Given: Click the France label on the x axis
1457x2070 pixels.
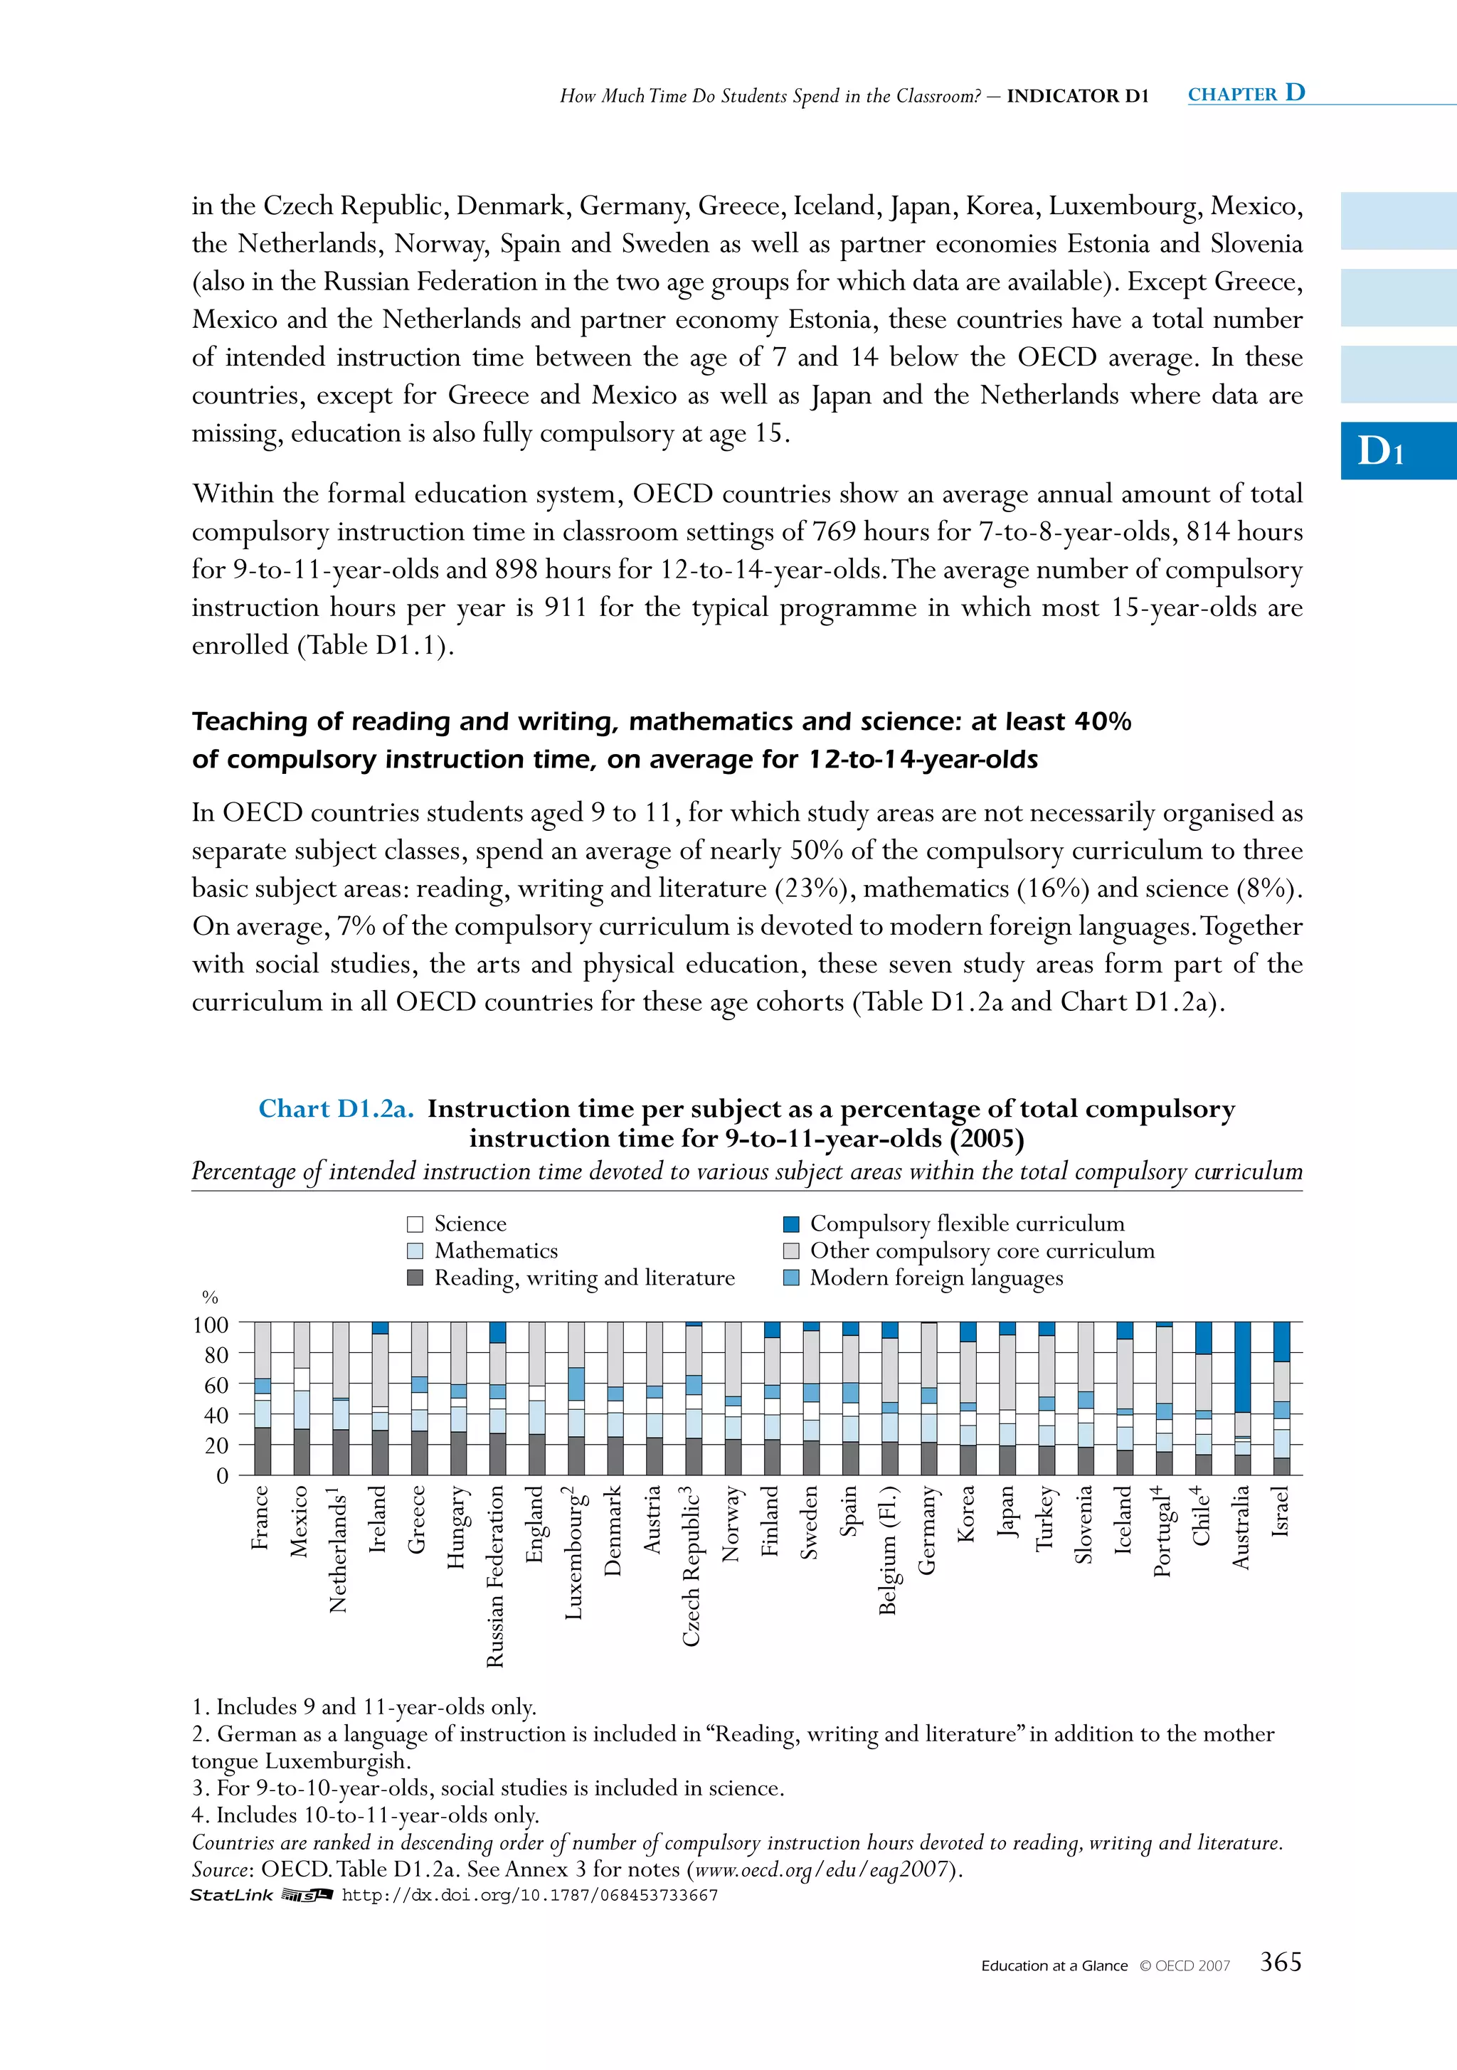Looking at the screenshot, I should point(260,1517).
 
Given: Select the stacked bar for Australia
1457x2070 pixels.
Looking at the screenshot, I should point(1241,1398).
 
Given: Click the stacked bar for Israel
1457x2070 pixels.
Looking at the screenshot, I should point(1281,1398).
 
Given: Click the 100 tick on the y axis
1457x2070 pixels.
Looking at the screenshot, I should point(211,1325).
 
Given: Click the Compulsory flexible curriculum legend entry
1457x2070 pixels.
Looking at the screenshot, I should point(955,1224).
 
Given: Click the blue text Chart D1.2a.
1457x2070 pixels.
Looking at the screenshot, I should point(335,1108).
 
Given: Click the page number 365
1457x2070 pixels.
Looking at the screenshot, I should point(1281,1961).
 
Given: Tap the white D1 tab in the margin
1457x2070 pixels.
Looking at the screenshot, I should point(1380,451).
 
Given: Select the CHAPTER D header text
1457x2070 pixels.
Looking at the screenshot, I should point(1246,93).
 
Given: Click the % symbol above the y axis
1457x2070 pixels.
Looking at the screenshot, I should point(210,1297).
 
